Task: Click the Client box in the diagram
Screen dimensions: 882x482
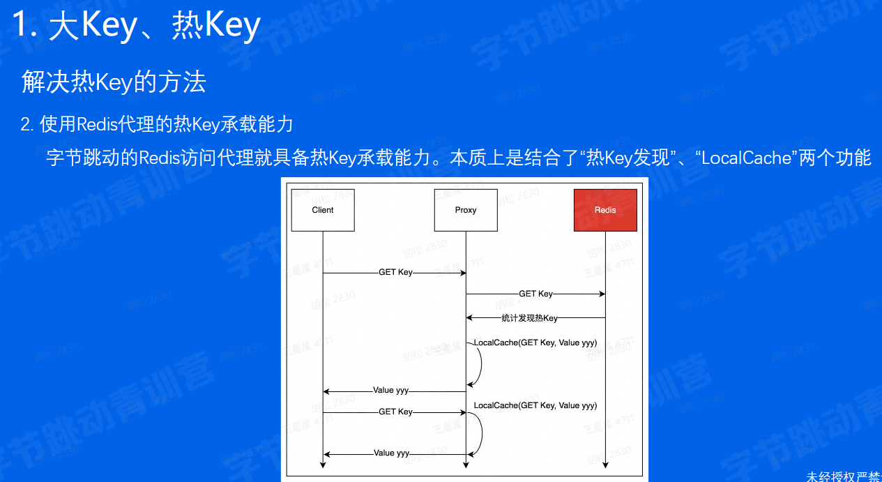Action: (x=323, y=210)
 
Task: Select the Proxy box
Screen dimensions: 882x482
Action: (x=466, y=210)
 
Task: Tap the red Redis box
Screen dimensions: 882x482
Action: (x=605, y=210)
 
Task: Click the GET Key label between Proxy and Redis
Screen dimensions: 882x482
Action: (x=535, y=294)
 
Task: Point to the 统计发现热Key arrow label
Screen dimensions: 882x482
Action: (x=530, y=318)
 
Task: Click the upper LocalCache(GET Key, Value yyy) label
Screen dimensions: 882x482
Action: (x=535, y=342)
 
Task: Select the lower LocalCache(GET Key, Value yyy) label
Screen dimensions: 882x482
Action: (x=535, y=405)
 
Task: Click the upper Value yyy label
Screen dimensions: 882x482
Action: (x=391, y=391)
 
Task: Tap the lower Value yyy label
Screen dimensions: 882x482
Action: (x=391, y=453)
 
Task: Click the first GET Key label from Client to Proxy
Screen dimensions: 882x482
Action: (x=395, y=273)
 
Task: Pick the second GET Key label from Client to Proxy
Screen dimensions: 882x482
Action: (x=395, y=412)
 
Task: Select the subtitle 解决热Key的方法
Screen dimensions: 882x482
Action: (x=114, y=82)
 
